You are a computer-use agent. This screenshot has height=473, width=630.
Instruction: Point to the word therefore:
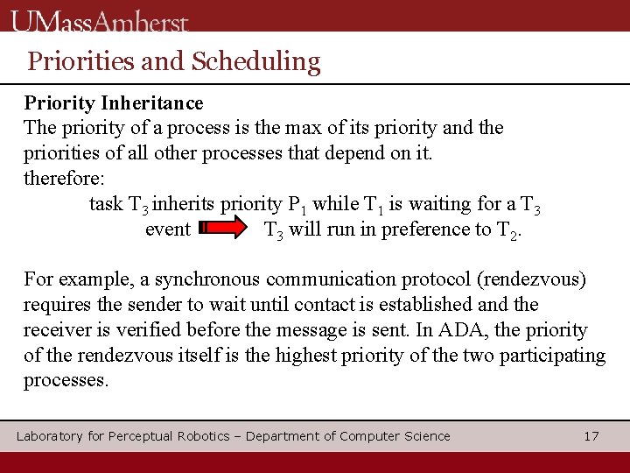pyautogui.click(x=64, y=179)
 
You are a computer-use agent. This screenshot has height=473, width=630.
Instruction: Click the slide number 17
pyautogui.click(x=591, y=436)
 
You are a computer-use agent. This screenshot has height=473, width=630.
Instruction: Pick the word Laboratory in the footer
pyautogui.click(x=49, y=436)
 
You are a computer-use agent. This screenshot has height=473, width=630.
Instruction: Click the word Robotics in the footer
pyautogui.click(x=206, y=436)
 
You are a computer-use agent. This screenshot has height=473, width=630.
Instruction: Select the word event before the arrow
pyautogui.click(x=168, y=229)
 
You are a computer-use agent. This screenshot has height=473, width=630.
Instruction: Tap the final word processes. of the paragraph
pyautogui.click(x=66, y=381)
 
